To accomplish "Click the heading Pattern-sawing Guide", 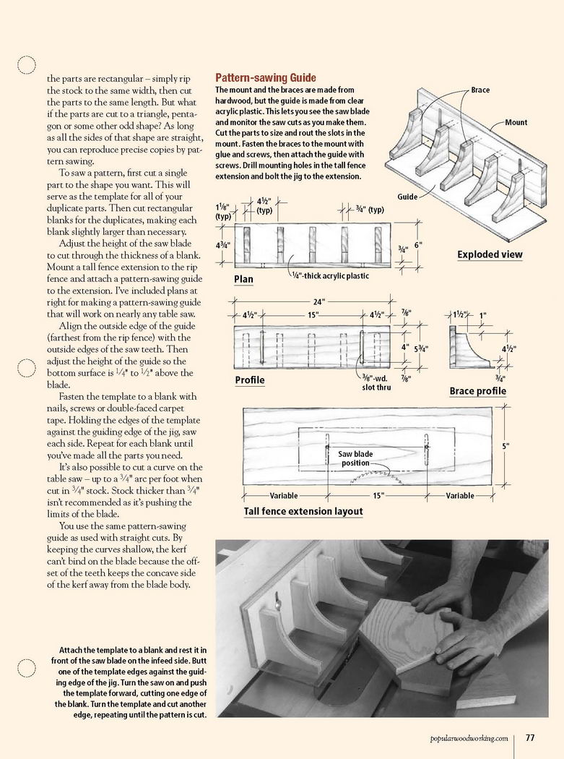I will [266, 78].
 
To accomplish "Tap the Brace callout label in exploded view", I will [480, 90].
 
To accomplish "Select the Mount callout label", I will [516, 122].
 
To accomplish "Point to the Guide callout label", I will [407, 197].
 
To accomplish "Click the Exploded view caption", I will [490, 254].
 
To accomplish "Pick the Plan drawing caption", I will [243, 279].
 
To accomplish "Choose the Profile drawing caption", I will [250, 379].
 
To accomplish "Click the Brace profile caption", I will [477, 391].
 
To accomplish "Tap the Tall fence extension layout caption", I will [303, 511].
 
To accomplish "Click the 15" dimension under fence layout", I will [378, 496].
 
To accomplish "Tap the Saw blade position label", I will [355, 458].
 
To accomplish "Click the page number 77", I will [529, 738].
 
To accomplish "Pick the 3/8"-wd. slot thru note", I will [376, 382].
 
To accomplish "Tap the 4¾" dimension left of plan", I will [224, 244].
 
